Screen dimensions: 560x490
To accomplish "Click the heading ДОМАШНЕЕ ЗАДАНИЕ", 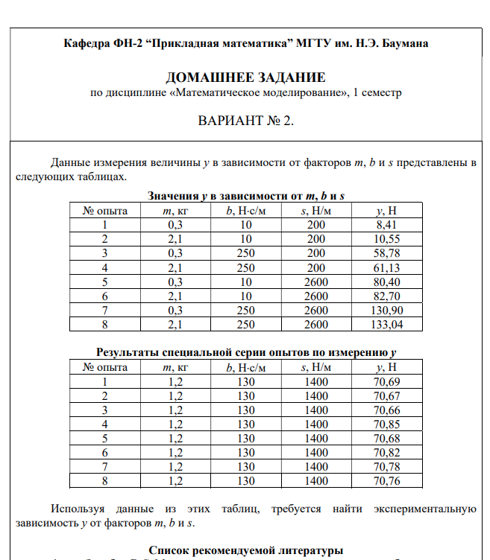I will [245, 77].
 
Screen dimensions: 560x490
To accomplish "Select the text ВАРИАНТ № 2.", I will [245, 121].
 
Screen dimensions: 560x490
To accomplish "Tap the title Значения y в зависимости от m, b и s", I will [245, 196].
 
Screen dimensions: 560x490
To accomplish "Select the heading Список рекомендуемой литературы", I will [245, 551].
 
